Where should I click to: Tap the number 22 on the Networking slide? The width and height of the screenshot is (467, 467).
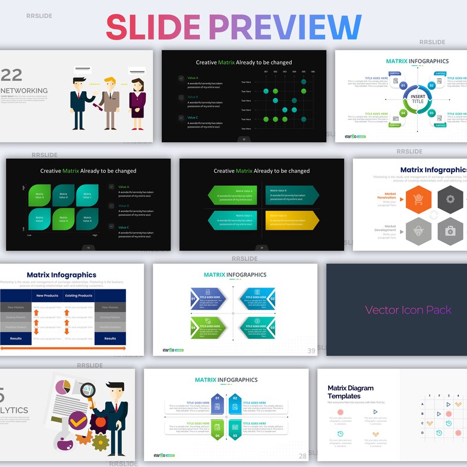(x=11, y=75)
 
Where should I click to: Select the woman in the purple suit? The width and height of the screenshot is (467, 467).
(x=138, y=101)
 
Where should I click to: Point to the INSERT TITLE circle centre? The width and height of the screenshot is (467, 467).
(x=417, y=98)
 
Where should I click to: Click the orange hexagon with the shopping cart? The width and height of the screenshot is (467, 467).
(x=418, y=200)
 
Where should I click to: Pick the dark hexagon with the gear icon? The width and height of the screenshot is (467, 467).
(x=451, y=200)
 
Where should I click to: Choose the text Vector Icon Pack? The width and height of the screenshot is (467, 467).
(x=408, y=310)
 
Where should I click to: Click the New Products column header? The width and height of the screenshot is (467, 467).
(x=47, y=296)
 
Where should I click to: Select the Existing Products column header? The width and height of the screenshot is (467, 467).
(x=78, y=296)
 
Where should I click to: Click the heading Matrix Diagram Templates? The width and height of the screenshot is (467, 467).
(x=350, y=392)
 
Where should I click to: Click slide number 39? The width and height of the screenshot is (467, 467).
(x=311, y=351)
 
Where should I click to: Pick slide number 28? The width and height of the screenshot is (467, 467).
(x=302, y=456)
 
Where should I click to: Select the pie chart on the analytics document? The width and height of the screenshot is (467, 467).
(x=64, y=388)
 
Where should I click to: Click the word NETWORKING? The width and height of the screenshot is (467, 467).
(x=24, y=91)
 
